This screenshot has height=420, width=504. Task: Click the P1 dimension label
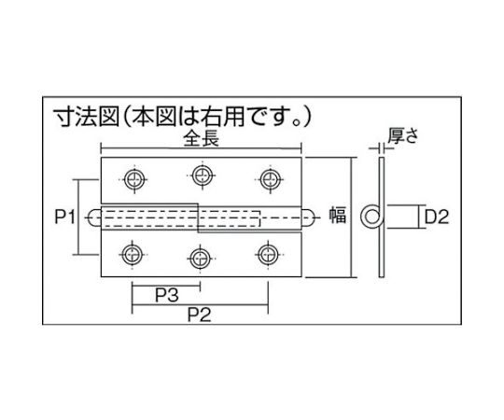pyautogui.click(x=63, y=217)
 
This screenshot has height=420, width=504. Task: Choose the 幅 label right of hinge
pyautogui.click(x=337, y=217)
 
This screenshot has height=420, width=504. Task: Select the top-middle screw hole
pyautogui.click(x=200, y=173)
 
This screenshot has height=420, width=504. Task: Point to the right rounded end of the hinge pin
pyautogui.click(x=312, y=217)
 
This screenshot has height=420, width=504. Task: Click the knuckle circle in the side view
pyautogui.click(x=372, y=217)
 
